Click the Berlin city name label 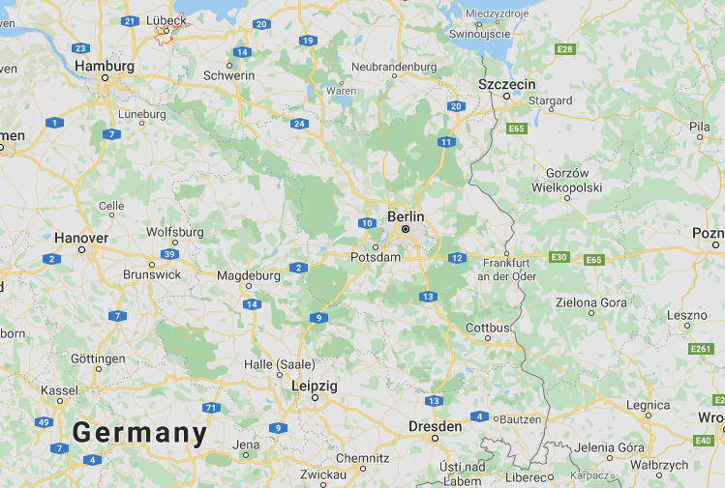[406, 216]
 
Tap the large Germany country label [140, 433]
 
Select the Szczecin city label [506, 84]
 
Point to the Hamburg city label [104, 66]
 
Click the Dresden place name [435, 425]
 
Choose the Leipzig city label [315, 386]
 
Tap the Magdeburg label [249, 275]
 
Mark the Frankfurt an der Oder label [506, 269]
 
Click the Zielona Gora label [590, 301]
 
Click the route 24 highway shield [299, 123]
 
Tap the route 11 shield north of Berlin [445, 142]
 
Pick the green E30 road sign [559, 257]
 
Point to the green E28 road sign [565, 48]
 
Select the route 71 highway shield [210, 408]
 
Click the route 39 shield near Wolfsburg [170, 254]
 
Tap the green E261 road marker [702, 349]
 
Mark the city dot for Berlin [406, 230]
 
